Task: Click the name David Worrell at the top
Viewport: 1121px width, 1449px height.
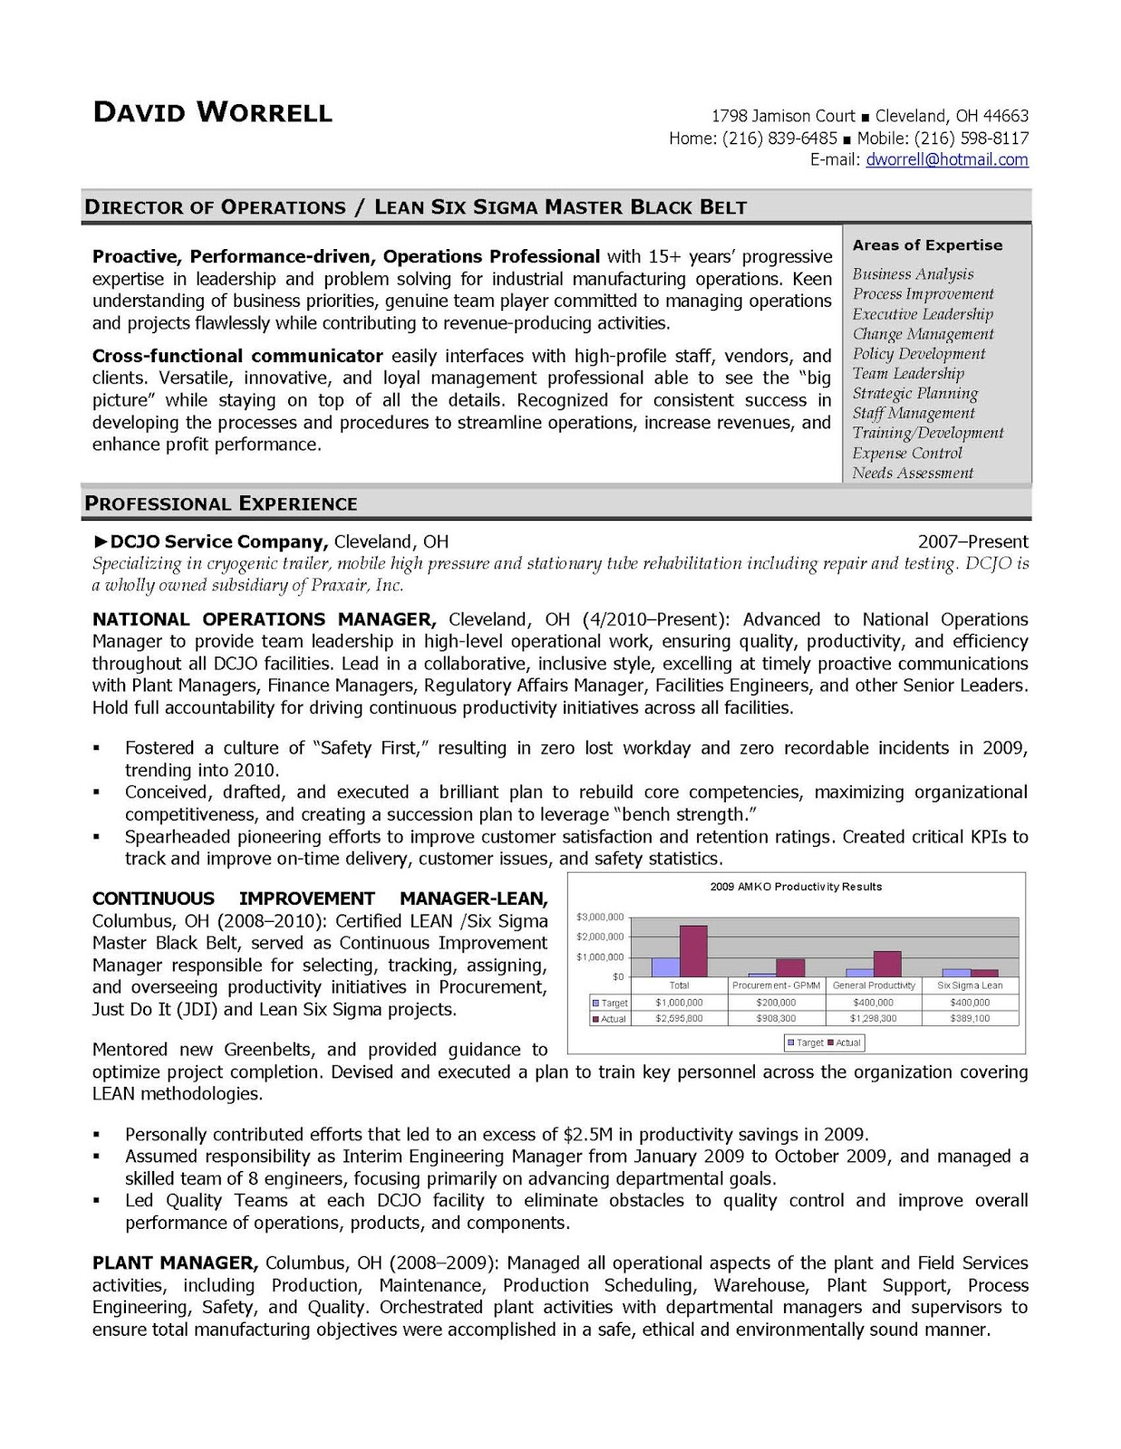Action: click(x=213, y=112)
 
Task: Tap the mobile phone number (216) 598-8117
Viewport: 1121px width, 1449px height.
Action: click(x=971, y=139)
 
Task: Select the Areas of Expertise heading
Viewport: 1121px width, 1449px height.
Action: click(x=927, y=245)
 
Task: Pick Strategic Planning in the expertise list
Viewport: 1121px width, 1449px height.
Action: click(x=914, y=393)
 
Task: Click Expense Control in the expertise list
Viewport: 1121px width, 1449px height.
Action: click(x=906, y=453)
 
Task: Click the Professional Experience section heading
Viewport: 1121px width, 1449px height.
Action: click(x=221, y=504)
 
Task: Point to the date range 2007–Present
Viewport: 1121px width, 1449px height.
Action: click(x=972, y=542)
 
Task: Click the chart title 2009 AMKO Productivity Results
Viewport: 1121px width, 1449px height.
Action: click(x=796, y=887)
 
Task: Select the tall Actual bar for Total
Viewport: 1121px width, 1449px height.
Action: click(x=693, y=951)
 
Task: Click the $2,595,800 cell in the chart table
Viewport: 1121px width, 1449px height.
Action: click(x=679, y=1018)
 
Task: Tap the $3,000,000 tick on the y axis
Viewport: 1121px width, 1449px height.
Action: click(x=600, y=916)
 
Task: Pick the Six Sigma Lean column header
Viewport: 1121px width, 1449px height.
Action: click(x=970, y=985)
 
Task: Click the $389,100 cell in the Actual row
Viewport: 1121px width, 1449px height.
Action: click(x=970, y=1018)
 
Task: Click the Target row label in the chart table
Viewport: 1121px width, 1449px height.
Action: click(x=614, y=1003)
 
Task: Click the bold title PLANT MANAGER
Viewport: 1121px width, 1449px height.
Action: click(x=175, y=1262)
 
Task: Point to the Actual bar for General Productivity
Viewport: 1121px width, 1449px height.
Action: click(x=887, y=964)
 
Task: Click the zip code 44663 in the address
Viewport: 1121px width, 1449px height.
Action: click(x=1006, y=116)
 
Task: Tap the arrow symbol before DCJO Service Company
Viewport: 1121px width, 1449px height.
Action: click(x=101, y=542)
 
